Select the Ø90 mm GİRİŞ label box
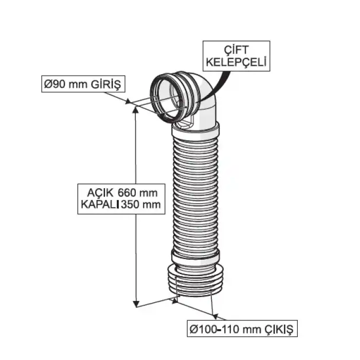[83, 84]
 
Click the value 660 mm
[136, 192]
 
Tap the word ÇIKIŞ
[278, 327]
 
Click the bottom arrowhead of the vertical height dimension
[136, 303]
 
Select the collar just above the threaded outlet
[195, 256]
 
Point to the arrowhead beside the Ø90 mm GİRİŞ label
[128, 101]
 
